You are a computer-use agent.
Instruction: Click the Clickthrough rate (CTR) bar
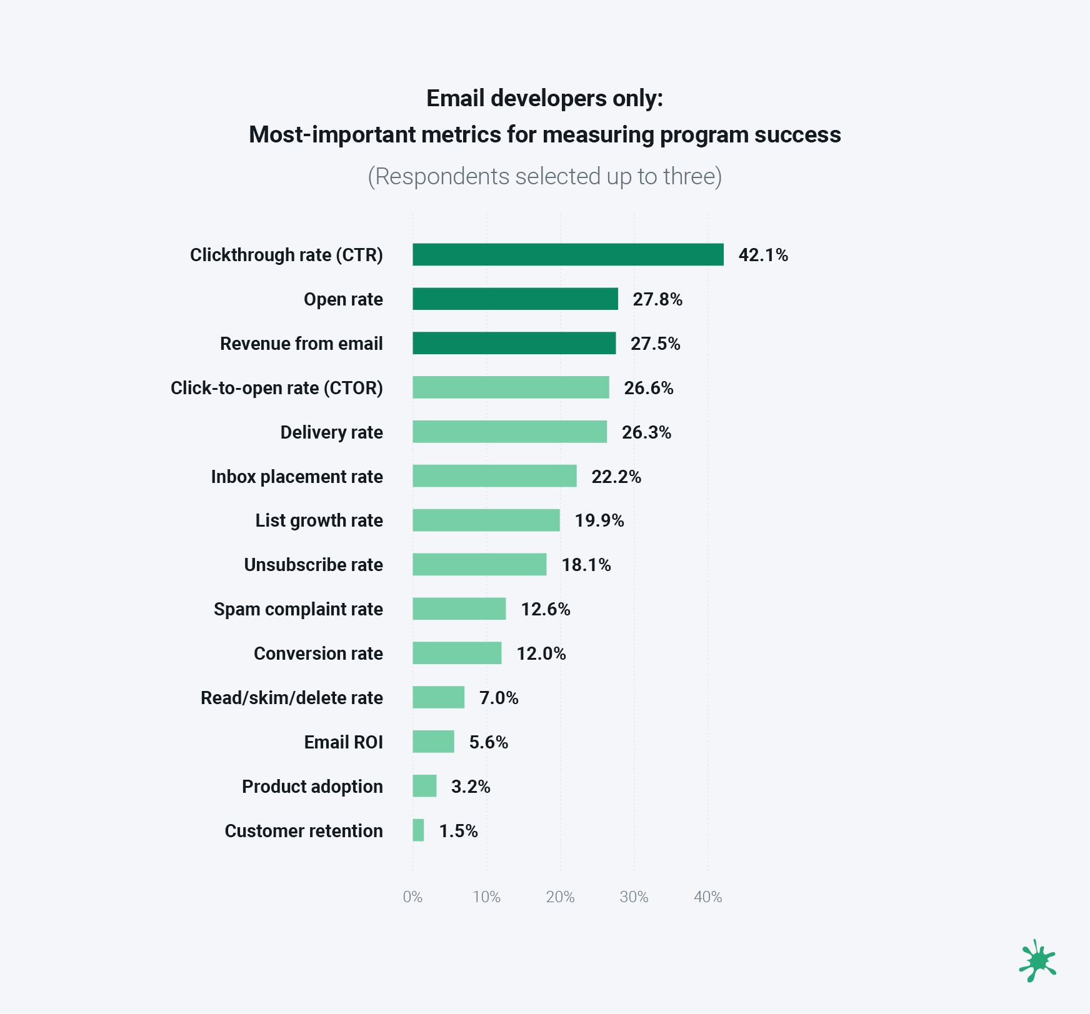567,254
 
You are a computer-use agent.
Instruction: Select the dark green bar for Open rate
515,299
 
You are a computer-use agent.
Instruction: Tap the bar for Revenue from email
514,343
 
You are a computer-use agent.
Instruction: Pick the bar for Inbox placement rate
494,476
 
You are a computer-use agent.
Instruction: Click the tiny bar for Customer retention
418,830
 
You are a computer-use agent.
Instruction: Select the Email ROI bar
433,742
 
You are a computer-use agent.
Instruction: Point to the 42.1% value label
763,255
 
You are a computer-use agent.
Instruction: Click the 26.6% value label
648,388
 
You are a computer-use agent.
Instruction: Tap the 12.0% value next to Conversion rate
541,654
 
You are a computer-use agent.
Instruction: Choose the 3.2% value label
471,787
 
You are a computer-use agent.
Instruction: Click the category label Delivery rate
331,432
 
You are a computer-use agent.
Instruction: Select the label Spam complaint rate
298,609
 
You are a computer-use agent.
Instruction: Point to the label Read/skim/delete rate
291,698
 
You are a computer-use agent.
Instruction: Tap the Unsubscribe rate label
313,565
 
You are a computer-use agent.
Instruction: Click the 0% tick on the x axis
412,897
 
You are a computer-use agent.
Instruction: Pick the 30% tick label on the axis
634,897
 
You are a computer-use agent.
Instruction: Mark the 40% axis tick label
707,897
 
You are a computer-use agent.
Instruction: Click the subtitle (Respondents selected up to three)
544,177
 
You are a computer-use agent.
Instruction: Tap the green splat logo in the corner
1037,961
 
